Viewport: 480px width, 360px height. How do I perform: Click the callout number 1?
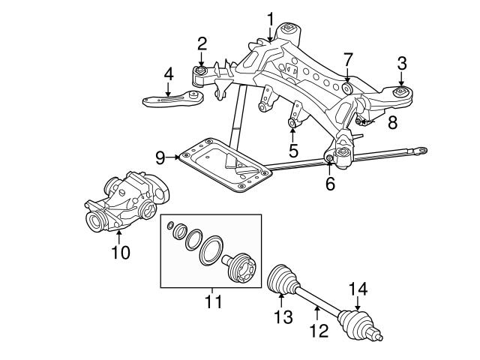click(x=270, y=17)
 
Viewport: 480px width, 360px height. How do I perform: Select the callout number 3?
click(x=402, y=64)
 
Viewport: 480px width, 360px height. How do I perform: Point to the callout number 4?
click(x=168, y=73)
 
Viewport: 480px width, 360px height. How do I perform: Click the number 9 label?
click(x=160, y=157)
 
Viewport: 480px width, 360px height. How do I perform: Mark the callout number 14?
click(x=358, y=286)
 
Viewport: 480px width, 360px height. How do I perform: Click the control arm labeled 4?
click(x=169, y=99)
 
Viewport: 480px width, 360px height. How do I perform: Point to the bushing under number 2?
click(x=202, y=73)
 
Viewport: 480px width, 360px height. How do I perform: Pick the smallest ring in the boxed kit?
click(x=172, y=225)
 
